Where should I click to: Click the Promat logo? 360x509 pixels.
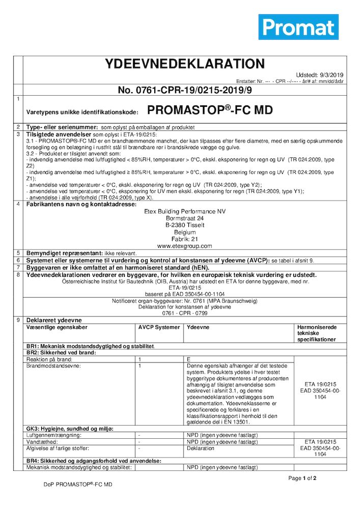pyautogui.click(x=298, y=27)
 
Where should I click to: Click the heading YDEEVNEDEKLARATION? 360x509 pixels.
pyautogui.click(x=185, y=64)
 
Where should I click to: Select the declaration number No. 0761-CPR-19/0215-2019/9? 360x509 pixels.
pyautogui.click(x=185, y=90)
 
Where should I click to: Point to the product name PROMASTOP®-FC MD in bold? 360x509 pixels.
pyautogui.click(x=210, y=110)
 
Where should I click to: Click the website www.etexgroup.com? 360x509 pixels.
pyautogui.click(x=184, y=246)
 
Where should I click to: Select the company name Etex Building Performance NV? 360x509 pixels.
pyautogui.click(x=184, y=211)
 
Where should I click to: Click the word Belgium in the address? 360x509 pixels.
pyautogui.click(x=184, y=232)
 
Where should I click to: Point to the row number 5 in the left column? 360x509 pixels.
pyautogui.click(x=18, y=253)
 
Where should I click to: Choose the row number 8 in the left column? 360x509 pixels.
pyautogui.click(x=18, y=275)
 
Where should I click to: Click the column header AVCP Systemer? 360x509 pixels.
pyautogui.click(x=159, y=327)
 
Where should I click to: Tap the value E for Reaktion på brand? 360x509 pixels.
pyautogui.click(x=189, y=359)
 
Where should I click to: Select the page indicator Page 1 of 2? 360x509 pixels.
pyautogui.click(x=302, y=478)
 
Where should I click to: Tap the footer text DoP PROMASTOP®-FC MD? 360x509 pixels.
pyautogui.click(x=78, y=485)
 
